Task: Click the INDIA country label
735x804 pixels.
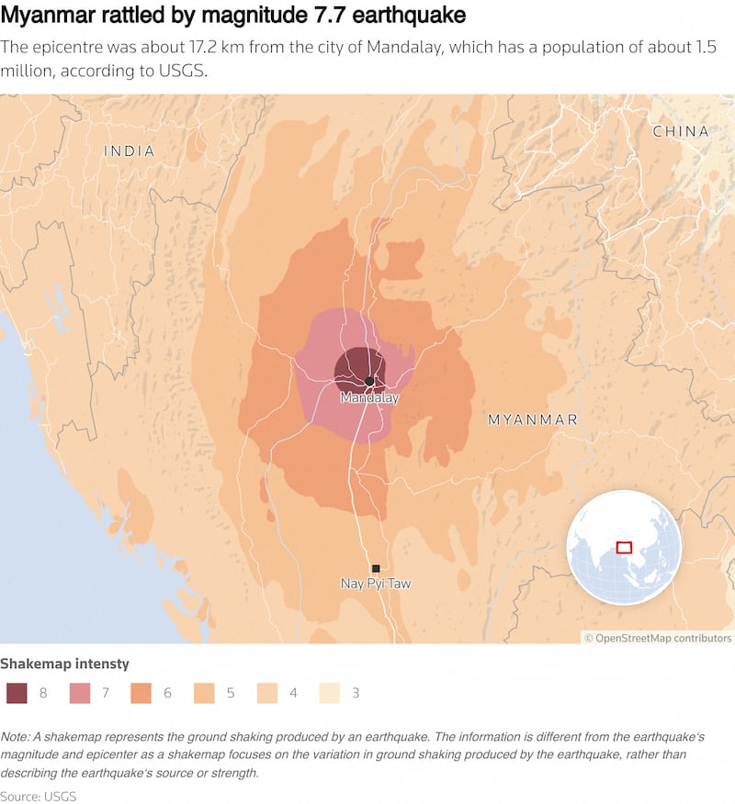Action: [130, 151]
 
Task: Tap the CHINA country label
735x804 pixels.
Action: [681, 131]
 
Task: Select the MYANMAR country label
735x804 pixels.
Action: [533, 419]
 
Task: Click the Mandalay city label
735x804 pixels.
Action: [369, 398]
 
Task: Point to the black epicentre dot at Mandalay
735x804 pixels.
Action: [369, 381]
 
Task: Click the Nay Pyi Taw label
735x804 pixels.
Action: [376, 584]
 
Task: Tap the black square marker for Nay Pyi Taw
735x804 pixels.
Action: [376, 569]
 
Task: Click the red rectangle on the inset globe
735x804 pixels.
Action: [624, 547]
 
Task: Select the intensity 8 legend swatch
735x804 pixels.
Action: [17, 693]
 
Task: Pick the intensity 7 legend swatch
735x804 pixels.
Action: [79, 693]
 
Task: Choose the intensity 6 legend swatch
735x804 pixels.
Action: [141, 693]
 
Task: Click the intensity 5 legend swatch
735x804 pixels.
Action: [204, 693]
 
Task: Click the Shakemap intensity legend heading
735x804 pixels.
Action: [64, 664]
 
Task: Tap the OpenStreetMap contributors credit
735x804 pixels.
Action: [658, 638]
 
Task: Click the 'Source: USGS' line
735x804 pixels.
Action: [39, 795]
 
